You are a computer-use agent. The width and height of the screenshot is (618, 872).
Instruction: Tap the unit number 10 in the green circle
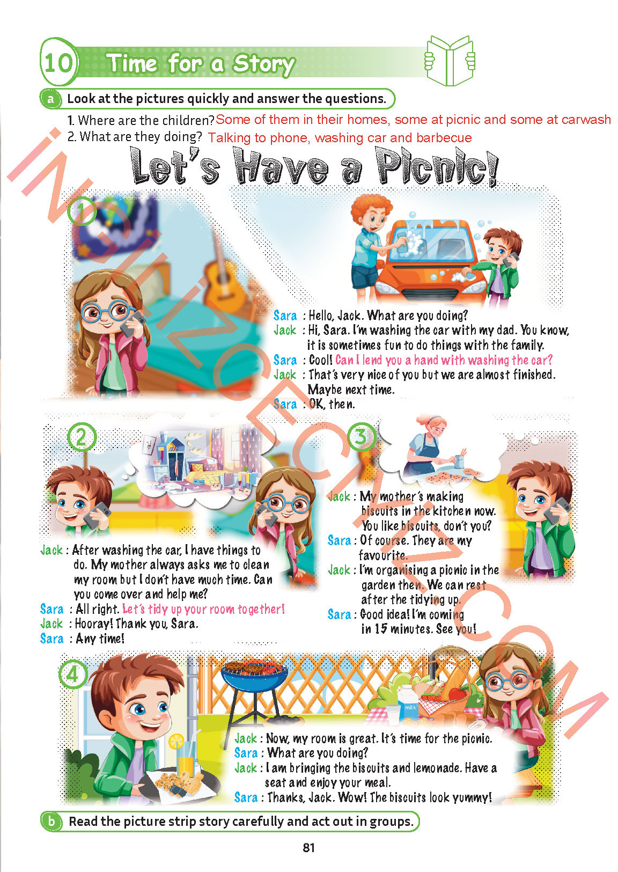click(58, 62)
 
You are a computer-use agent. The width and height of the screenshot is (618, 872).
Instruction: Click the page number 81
click(308, 847)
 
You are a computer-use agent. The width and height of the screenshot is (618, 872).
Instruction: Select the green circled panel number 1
click(82, 211)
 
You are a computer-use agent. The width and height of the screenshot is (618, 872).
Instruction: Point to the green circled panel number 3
click(362, 437)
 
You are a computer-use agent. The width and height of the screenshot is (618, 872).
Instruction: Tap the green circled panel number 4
click(73, 674)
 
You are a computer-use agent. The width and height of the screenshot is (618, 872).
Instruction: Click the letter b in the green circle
click(51, 820)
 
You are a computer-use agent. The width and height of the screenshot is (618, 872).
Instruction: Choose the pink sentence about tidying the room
click(203, 609)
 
